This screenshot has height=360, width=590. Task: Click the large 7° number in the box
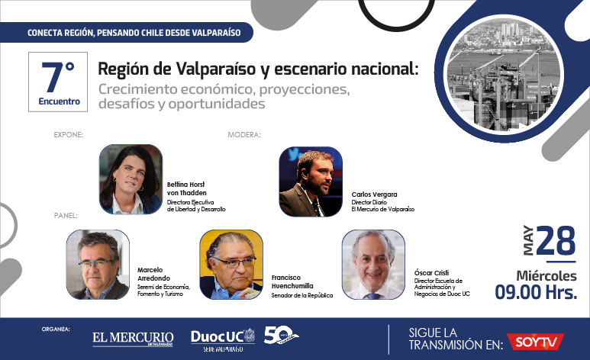pyautogui.click(x=58, y=78)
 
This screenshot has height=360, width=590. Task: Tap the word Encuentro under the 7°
pyautogui.click(x=59, y=101)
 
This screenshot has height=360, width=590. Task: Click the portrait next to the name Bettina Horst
pyautogui.click(x=131, y=179)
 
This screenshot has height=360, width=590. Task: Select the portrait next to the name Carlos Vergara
pyautogui.click(x=311, y=182)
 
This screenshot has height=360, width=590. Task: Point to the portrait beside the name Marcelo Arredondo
pyautogui.click(x=98, y=265)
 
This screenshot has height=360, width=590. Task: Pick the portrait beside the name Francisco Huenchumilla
pyautogui.click(x=231, y=265)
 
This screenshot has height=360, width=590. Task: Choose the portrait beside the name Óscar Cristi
pyautogui.click(x=373, y=265)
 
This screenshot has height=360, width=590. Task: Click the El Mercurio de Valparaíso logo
pyautogui.click(x=133, y=339)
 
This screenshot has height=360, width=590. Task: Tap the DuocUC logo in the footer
pyautogui.click(x=223, y=340)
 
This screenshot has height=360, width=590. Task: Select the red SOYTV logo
pyautogui.click(x=535, y=342)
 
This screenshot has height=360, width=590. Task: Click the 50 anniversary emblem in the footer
pyautogui.click(x=281, y=335)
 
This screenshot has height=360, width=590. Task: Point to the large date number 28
pyautogui.click(x=556, y=240)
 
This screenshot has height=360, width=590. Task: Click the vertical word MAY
pyautogui.click(x=528, y=240)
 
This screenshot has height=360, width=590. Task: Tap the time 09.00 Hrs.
pyautogui.click(x=536, y=292)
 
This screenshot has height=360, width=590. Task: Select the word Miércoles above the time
pyautogui.click(x=546, y=276)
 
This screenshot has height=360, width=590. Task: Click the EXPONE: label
pyautogui.click(x=69, y=135)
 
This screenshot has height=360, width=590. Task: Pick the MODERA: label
pyautogui.click(x=244, y=135)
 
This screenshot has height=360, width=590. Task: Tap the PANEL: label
pyautogui.click(x=66, y=216)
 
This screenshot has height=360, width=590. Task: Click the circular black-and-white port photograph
pyautogui.click(x=504, y=74)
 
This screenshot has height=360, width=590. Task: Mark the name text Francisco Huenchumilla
pyautogui.click(x=292, y=281)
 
